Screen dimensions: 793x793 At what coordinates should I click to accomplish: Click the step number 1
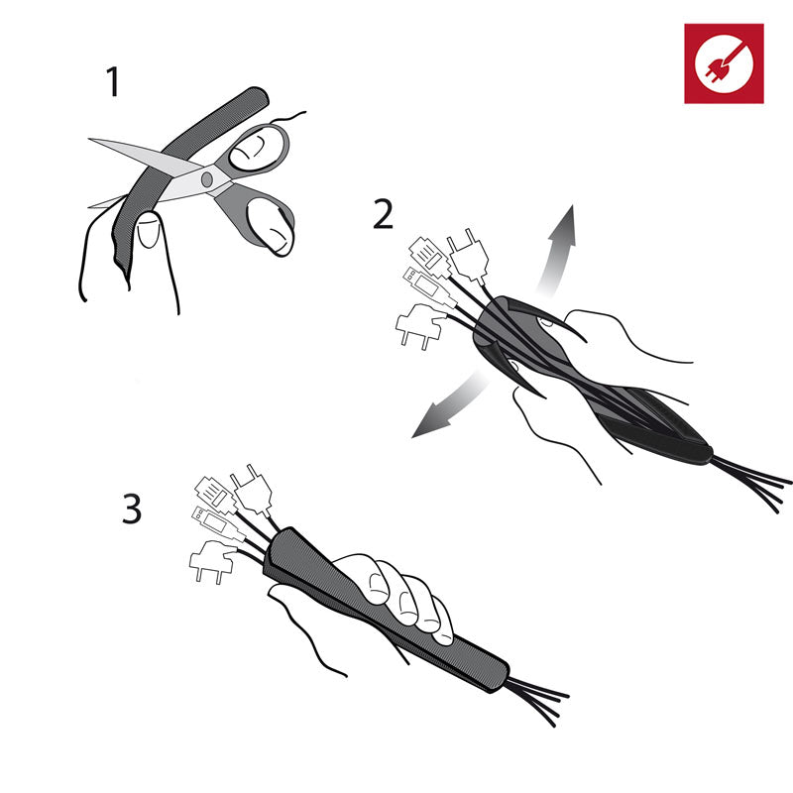point(113,81)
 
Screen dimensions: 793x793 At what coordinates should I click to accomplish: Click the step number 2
point(383,214)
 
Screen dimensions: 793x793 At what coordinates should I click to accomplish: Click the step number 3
point(132,509)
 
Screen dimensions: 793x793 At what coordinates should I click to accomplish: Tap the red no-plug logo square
point(724,63)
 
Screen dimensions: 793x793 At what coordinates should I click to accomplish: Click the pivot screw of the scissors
point(207,179)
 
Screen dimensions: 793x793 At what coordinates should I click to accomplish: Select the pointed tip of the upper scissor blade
point(90,139)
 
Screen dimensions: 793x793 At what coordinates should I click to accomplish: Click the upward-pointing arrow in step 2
point(557,250)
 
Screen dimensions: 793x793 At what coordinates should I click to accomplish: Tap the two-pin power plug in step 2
point(469,257)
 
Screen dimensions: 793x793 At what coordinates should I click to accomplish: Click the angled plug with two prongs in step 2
point(419,325)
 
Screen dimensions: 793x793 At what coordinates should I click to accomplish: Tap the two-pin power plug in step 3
point(252,490)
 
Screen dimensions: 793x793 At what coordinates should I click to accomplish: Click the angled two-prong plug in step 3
point(211,560)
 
